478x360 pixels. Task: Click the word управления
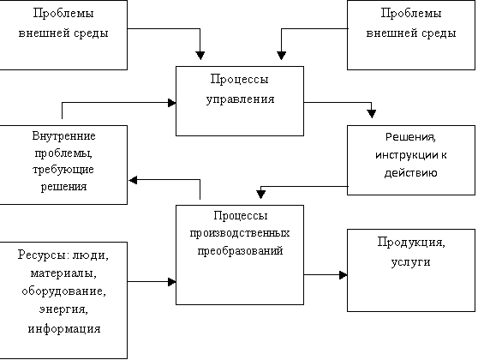tap(240, 99)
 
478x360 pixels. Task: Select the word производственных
tap(240, 233)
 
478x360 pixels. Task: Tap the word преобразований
tap(240, 250)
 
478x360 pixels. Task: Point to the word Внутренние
tap(63, 135)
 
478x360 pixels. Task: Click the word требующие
tap(63, 170)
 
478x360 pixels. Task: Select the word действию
tap(410, 173)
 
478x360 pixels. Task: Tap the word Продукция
tap(411, 243)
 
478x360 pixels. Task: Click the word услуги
tap(410, 262)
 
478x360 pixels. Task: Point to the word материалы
tap(63, 273)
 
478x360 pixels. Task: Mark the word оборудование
tap(63, 291)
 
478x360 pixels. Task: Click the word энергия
tap(63, 309)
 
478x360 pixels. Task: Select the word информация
tap(64, 329)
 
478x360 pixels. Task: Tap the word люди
tap(91, 255)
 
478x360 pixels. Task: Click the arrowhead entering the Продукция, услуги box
tap(344, 275)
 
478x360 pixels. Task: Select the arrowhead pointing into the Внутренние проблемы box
tap(133, 180)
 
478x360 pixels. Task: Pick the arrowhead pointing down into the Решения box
tap(371, 114)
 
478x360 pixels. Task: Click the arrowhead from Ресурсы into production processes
tap(172, 282)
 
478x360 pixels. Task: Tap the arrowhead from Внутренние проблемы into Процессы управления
tap(172, 103)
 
